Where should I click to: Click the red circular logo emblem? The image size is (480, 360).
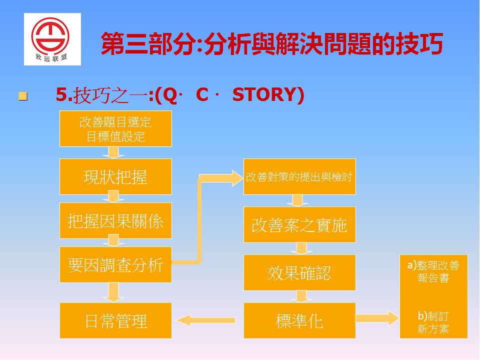tap(50, 36)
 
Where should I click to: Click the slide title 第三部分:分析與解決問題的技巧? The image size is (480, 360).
tap(272, 44)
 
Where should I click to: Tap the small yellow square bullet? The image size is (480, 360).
tap(23, 96)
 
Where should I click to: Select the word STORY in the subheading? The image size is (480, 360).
tap(268, 94)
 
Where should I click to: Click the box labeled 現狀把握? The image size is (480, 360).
tap(115, 176)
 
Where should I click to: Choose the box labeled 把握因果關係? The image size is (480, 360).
tap(115, 220)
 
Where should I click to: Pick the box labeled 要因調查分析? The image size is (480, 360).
tap(115, 264)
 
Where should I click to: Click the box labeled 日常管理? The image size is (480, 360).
tap(115, 320)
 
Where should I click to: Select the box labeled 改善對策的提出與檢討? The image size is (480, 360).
tap(299, 176)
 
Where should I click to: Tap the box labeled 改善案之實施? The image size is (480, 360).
tap(299, 224)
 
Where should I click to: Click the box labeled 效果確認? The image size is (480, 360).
tap(299, 272)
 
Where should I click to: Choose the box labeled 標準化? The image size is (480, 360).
tap(299, 320)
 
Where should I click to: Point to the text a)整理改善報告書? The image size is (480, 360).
tap(433, 271)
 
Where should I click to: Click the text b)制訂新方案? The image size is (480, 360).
tap(433, 322)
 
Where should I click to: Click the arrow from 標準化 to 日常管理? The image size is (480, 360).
tap(206, 320)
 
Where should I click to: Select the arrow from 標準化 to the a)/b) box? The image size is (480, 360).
tap(377, 318)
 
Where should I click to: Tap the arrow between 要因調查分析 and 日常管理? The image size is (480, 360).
tap(113, 292)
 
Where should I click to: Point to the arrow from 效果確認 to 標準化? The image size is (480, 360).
tap(301, 296)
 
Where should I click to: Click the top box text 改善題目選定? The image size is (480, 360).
tap(115, 122)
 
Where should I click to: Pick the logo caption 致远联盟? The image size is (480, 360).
tap(51, 57)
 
